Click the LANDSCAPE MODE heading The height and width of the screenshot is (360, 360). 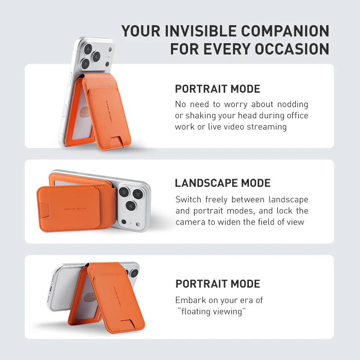click(223, 183)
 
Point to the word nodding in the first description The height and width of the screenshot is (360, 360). click(291, 104)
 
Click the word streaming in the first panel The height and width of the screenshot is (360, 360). click(264, 127)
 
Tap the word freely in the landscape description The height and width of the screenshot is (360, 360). click(220, 199)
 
